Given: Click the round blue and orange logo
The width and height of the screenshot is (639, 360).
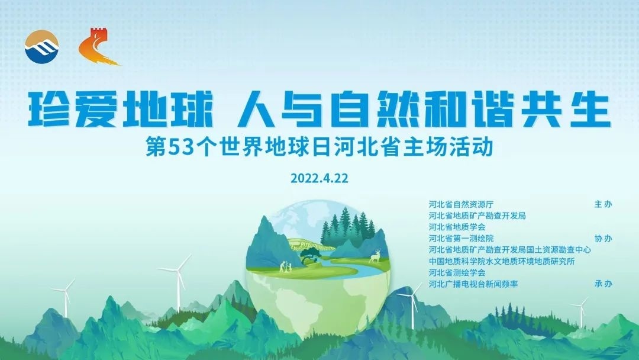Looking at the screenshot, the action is point(41,46).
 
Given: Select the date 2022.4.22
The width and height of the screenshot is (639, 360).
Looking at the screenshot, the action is point(319,178).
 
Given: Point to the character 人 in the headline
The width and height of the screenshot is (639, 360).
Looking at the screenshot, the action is point(254,109).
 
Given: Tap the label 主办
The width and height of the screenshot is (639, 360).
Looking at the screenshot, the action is point(603,204).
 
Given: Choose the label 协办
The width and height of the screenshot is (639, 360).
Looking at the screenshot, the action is point(603,239).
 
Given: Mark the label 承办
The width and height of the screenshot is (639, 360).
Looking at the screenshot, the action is point(603,284).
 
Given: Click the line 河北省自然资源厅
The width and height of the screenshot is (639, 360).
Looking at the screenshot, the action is point(461,204).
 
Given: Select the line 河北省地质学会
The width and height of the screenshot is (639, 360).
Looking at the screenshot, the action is point(457,227).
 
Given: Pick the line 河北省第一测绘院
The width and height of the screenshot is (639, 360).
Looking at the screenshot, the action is point(461,239).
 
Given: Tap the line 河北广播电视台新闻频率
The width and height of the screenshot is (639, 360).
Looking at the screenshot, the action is point(473,284).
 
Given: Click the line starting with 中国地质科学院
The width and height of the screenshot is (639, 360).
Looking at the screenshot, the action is point(502,261).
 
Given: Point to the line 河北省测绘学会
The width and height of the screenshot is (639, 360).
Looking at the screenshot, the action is point(457,273).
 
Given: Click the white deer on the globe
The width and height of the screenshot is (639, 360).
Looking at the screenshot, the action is point(375,256).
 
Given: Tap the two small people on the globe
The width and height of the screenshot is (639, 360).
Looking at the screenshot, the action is point(286,266).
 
